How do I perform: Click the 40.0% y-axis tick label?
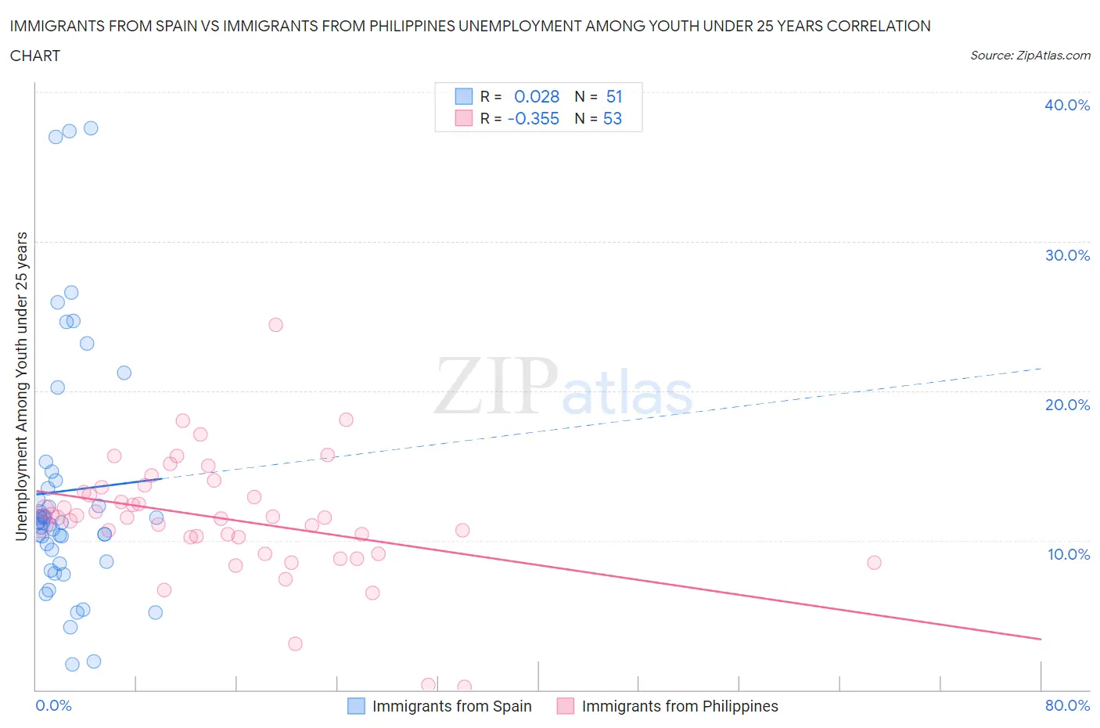1067,105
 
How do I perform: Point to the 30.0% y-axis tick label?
1067,255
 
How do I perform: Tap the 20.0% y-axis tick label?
1067,405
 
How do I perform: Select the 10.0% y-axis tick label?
1068,554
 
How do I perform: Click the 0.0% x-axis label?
53,705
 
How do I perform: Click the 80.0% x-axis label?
1067,705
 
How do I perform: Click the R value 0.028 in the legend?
537,96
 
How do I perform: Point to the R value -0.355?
534,118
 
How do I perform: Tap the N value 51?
614,96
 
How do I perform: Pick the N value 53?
613,118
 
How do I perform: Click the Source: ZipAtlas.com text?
1030,56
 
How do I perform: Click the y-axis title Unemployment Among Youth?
22,386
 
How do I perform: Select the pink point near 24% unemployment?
275,325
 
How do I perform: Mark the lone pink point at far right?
874,563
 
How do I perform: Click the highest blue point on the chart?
91,128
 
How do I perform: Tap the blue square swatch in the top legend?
464,96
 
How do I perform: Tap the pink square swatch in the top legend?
464,118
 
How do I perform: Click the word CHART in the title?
35,56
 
